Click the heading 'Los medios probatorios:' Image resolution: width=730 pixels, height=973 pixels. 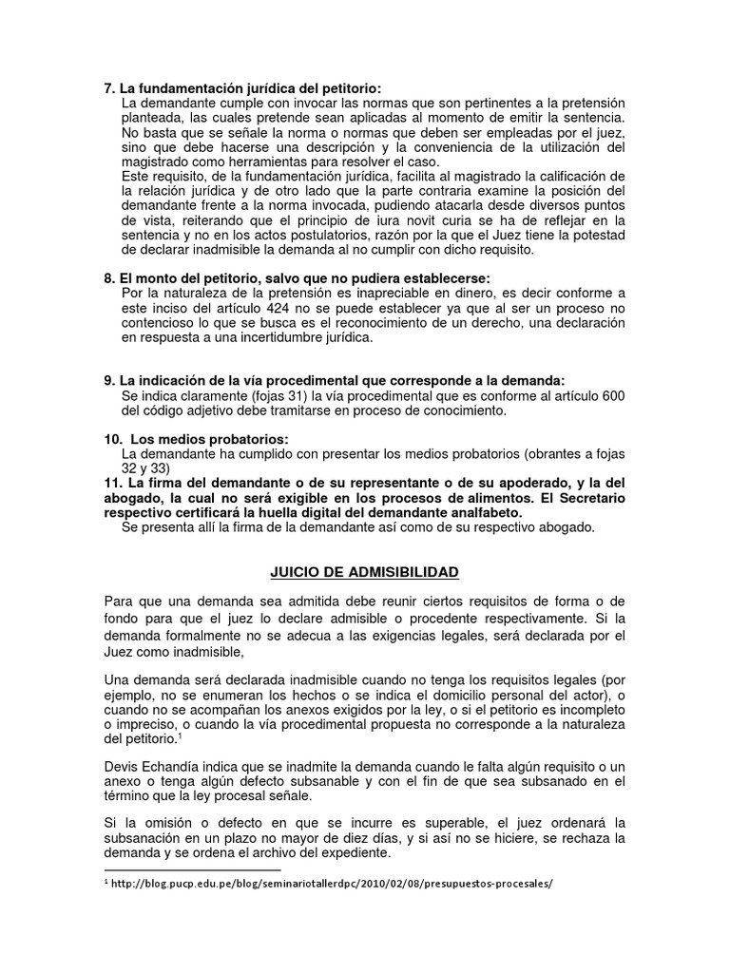207,439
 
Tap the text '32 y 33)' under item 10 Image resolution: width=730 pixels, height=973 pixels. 146,468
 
